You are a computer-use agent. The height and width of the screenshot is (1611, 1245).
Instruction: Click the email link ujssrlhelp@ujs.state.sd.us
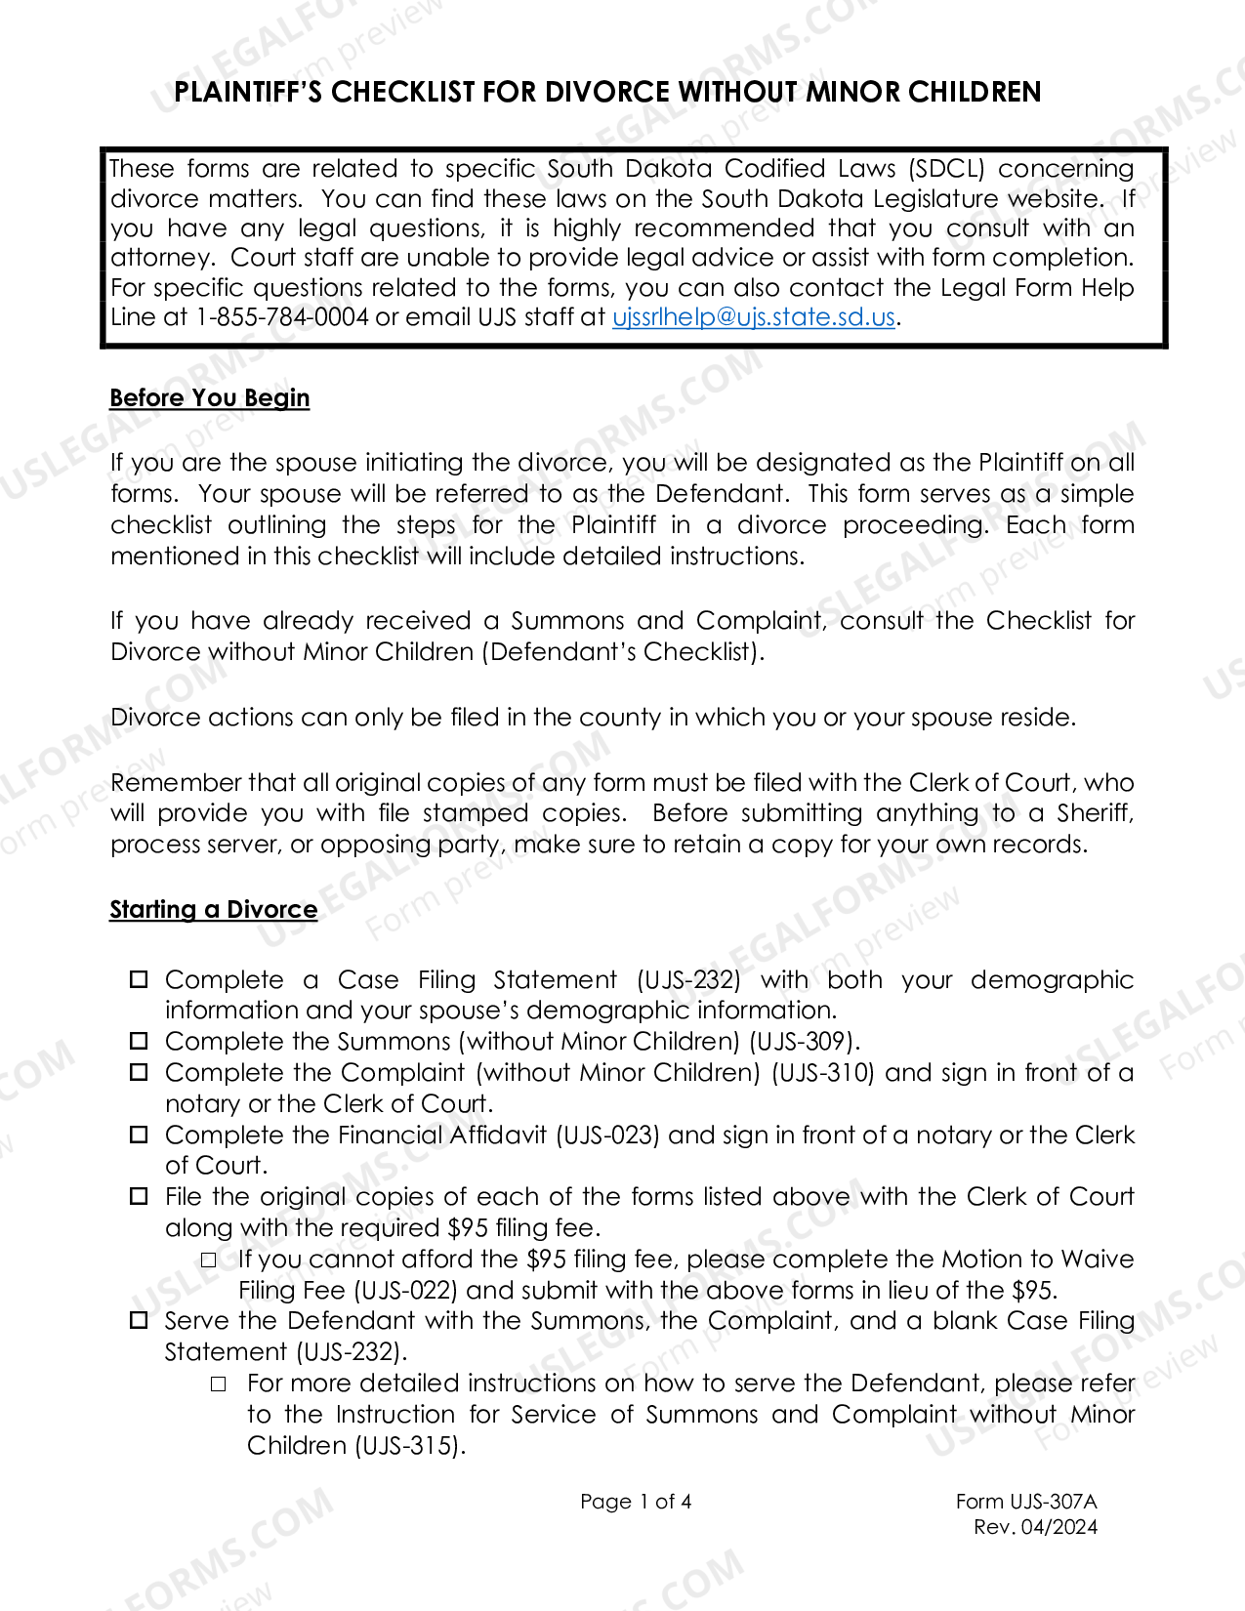click(753, 317)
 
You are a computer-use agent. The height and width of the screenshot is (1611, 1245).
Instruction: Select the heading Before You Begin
click(209, 398)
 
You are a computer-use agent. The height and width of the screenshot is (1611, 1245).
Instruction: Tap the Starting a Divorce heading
click(213, 910)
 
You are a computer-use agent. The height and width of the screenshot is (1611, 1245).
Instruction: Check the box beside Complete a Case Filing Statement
click(140, 979)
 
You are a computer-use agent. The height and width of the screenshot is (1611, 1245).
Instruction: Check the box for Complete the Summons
click(140, 1041)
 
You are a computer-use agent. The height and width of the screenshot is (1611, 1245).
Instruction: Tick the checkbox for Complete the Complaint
click(140, 1072)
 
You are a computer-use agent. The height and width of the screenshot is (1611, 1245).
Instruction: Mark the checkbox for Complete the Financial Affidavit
click(140, 1135)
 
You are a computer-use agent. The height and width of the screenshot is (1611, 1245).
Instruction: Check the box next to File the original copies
click(140, 1196)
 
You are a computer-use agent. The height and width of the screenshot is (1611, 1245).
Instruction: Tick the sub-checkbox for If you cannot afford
click(209, 1260)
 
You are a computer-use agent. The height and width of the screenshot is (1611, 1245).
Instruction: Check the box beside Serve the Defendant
click(140, 1320)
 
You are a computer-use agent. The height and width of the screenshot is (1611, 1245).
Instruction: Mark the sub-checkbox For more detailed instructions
click(219, 1384)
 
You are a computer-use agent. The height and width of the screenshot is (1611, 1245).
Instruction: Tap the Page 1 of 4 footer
click(636, 1502)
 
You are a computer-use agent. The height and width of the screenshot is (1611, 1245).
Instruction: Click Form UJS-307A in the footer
click(1025, 1502)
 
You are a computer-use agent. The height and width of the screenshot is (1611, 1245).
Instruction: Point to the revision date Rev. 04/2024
click(1035, 1527)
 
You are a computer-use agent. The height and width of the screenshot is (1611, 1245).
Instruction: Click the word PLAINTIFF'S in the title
click(248, 93)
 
